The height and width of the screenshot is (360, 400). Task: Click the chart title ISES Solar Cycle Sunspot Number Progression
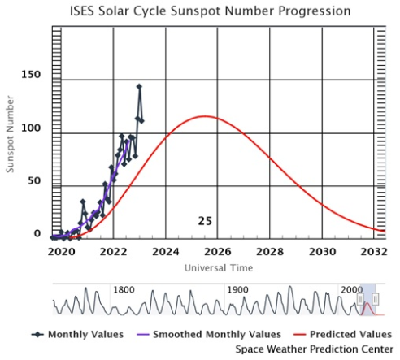point(211,11)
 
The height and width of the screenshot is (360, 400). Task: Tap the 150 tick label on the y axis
point(31,74)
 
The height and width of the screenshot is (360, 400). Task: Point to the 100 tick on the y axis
point(31,128)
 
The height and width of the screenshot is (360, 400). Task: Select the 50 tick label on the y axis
point(34,180)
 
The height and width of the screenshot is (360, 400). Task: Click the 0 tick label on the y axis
point(37,233)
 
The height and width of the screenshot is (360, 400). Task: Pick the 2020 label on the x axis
point(61,252)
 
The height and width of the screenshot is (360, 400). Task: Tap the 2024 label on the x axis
point(166,252)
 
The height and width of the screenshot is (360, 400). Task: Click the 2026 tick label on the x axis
point(218,252)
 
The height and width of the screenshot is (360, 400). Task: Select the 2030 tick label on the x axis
point(323,252)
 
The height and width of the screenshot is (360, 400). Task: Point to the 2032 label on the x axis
point(374,252)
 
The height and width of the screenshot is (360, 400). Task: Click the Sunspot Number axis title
point(10,134)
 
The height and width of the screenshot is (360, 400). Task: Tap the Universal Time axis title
point(219,268)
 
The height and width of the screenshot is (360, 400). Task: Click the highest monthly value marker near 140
point(139,87)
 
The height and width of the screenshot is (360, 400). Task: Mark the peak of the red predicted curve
point(205,116)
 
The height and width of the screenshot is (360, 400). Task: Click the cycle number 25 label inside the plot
point(205,221)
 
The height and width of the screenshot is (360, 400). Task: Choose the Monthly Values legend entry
point(77,334)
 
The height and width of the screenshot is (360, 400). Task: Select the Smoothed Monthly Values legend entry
point(209,334)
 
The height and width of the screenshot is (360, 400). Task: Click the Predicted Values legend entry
point(343,334)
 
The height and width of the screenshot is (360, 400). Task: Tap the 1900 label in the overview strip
point(237,290)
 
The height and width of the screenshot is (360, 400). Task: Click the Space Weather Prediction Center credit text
point(315,349)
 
